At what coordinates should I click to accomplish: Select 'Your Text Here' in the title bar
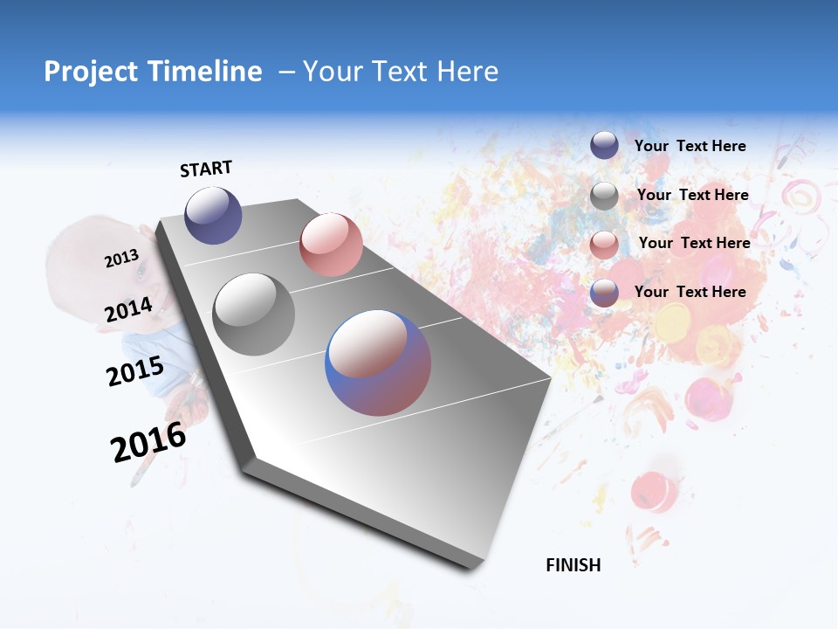(x=401, y=72)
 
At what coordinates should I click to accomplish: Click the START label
(x=206, y=169)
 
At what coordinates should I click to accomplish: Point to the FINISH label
(x=574, y=565)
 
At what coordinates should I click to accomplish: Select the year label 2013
(x=121, y=259)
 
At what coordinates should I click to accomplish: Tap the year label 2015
(x=134, y=371)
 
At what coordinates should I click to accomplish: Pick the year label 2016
(x=148, y=442)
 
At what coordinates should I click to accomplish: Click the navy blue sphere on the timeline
(x=213, y=215)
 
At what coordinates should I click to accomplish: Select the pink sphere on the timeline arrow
(x=331, y=245)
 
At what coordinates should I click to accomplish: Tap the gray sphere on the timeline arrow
(x=254, y=314)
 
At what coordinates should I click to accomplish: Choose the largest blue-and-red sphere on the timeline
(x=378, y=363)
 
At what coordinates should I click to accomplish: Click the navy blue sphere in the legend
(x=604, y=145)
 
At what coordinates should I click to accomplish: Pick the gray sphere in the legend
(x=604, y=196)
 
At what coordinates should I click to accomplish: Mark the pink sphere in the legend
(x=604, y=245)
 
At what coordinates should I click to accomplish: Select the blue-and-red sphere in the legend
(x=604, y=294)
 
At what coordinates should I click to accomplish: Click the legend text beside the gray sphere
(x=692, y=195)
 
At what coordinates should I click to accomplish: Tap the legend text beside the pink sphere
(x=694, y=243)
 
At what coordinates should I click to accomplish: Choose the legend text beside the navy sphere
(x=690, y=146)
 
